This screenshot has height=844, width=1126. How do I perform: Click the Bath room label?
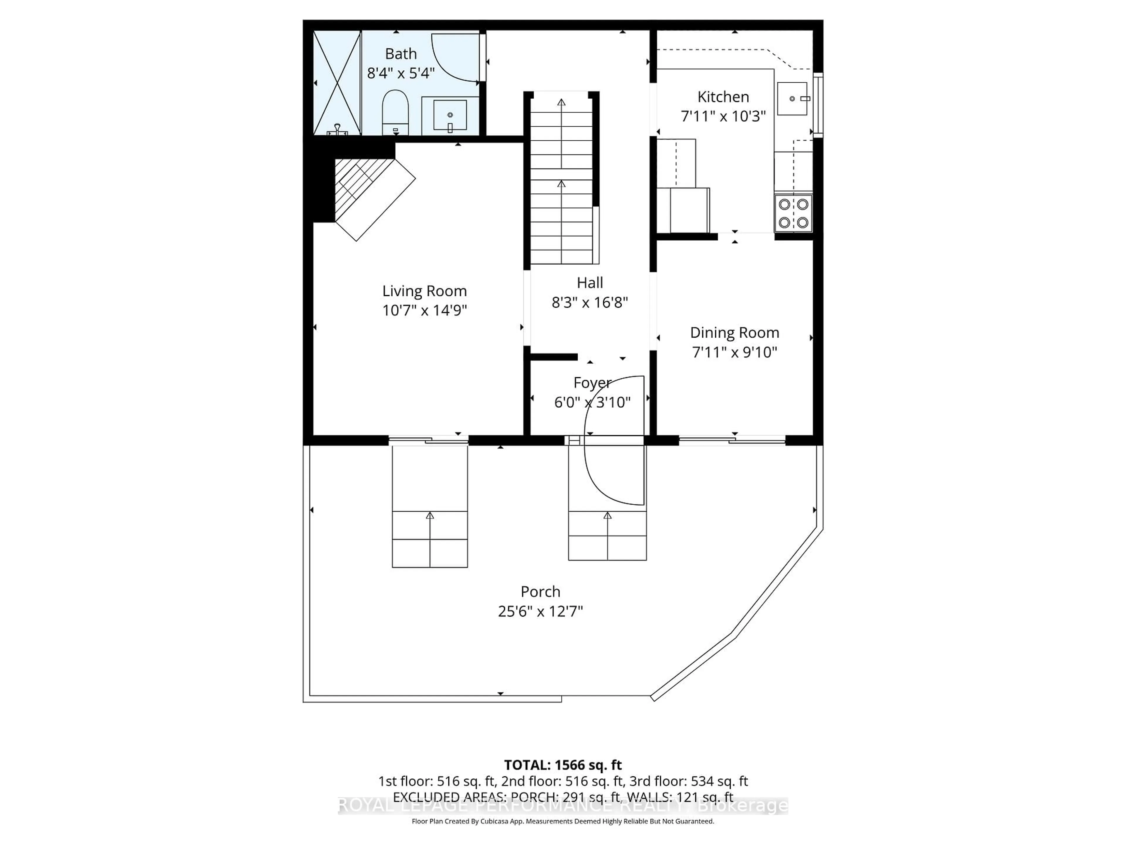click(401, 53)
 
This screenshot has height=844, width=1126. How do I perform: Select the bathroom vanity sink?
click(450, 115)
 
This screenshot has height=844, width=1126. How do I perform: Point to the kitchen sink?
click(792, 99)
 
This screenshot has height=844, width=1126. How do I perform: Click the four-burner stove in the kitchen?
click(793, 213)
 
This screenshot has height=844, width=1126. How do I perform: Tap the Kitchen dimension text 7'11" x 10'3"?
click(723, 117)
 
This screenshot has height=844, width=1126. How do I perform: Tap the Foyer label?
click(592, 382)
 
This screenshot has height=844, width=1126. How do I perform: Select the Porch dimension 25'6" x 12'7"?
click(540, 611)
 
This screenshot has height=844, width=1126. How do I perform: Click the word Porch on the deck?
click(540, 592)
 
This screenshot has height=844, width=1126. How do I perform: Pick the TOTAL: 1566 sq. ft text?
click(562, 765)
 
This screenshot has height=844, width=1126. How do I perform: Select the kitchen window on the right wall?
click(818, 104)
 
